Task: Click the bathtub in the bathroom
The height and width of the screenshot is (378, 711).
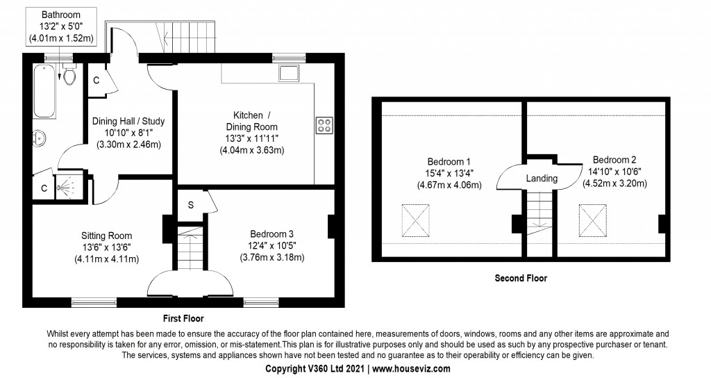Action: tap(45, 91)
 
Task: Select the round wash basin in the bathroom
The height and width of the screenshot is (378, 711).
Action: tap(40, 138)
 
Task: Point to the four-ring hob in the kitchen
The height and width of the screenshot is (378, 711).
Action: tap(324, 125)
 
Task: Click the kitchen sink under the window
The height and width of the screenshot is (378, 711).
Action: tap(289, 72)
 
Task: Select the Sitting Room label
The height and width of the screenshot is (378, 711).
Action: tap(106, 236)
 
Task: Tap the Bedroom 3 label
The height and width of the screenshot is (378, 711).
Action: tap(271, 234)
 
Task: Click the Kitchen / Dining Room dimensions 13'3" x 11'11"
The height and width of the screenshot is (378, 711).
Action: tap(251, 138)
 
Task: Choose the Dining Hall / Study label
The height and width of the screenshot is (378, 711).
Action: tap(128, 121)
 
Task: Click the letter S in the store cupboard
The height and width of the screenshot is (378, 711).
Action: tap(191, 205)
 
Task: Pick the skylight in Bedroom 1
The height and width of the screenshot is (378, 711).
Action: tap(415, 220)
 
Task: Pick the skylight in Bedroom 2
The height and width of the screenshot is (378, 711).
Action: tap(592, 220)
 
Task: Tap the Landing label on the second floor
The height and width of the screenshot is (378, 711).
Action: tap(542, 179)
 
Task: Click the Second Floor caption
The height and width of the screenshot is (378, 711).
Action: tap(521, 278)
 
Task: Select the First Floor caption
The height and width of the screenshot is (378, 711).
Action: tap(183, 318)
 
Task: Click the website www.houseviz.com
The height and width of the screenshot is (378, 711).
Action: tap(411, 368)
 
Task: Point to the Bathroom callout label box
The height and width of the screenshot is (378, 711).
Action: tap(61, 27)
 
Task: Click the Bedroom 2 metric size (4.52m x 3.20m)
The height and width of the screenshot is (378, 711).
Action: tap(614, 183)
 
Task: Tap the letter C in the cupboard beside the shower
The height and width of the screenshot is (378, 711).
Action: tap(44, 188)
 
